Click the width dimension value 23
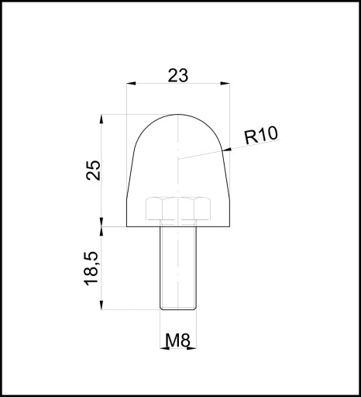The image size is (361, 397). click(x=178, y=75)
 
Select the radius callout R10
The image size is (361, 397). click(x=261, y=135)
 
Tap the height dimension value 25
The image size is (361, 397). click(x=93, y=171)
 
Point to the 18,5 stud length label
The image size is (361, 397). click(x=91, y=268)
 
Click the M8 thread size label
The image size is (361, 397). click(x=177, y=340)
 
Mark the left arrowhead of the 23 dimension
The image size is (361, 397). click(x=131, y=83)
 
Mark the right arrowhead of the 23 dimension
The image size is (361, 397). click(x=225, y=83)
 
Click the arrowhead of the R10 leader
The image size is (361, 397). click(x=226, y=150)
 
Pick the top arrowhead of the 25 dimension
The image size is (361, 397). click(x=101, y=119)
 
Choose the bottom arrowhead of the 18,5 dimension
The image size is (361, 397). click(x=101, y=305)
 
